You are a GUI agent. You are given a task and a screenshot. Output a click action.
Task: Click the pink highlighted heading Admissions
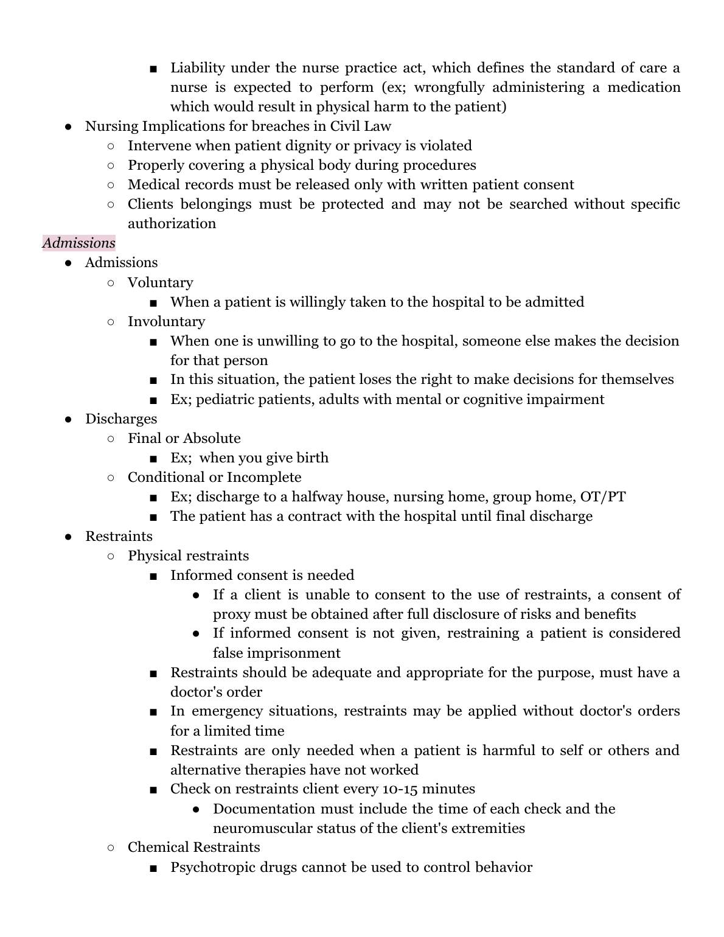(78, 243)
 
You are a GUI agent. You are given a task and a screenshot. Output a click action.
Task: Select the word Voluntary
(160, 282)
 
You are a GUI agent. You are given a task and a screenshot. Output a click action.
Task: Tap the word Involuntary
(166, 321)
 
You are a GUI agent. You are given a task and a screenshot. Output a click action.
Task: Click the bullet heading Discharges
(120, 419)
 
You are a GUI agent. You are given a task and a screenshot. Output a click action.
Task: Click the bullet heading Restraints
(119, 536)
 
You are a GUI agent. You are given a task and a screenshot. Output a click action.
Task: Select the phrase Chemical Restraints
(193, 847)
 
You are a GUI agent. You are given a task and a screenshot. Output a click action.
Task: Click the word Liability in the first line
(197, 68)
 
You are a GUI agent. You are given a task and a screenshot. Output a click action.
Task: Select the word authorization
(172, 223)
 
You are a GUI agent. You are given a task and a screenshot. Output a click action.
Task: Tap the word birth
(312, 458)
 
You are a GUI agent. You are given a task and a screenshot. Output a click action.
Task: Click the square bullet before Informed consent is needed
(153, 576)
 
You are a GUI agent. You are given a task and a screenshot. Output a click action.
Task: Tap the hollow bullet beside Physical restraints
(110, 556)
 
